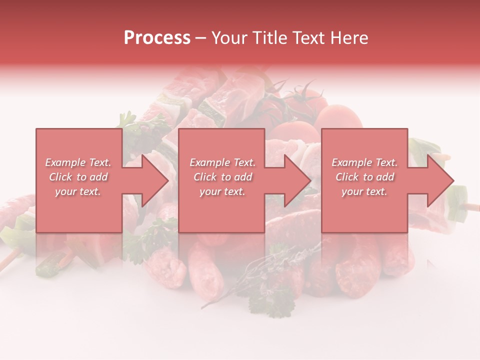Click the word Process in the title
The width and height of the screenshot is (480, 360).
click(157, 38)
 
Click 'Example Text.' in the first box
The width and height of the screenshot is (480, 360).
click(78, 162)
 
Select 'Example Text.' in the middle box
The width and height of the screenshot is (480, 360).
click(222, 162)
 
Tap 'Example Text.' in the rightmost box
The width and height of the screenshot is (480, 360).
click(364, 162)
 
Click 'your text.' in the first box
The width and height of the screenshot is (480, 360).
click(78, 191)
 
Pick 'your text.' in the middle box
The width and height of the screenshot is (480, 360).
click(222, 191)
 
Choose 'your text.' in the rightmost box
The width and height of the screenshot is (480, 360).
click(364, 191)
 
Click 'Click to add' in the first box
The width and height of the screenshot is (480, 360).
click(78, 177)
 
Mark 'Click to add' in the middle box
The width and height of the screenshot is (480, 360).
click(222, 177)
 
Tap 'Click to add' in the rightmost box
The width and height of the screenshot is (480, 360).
click(364, 177)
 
